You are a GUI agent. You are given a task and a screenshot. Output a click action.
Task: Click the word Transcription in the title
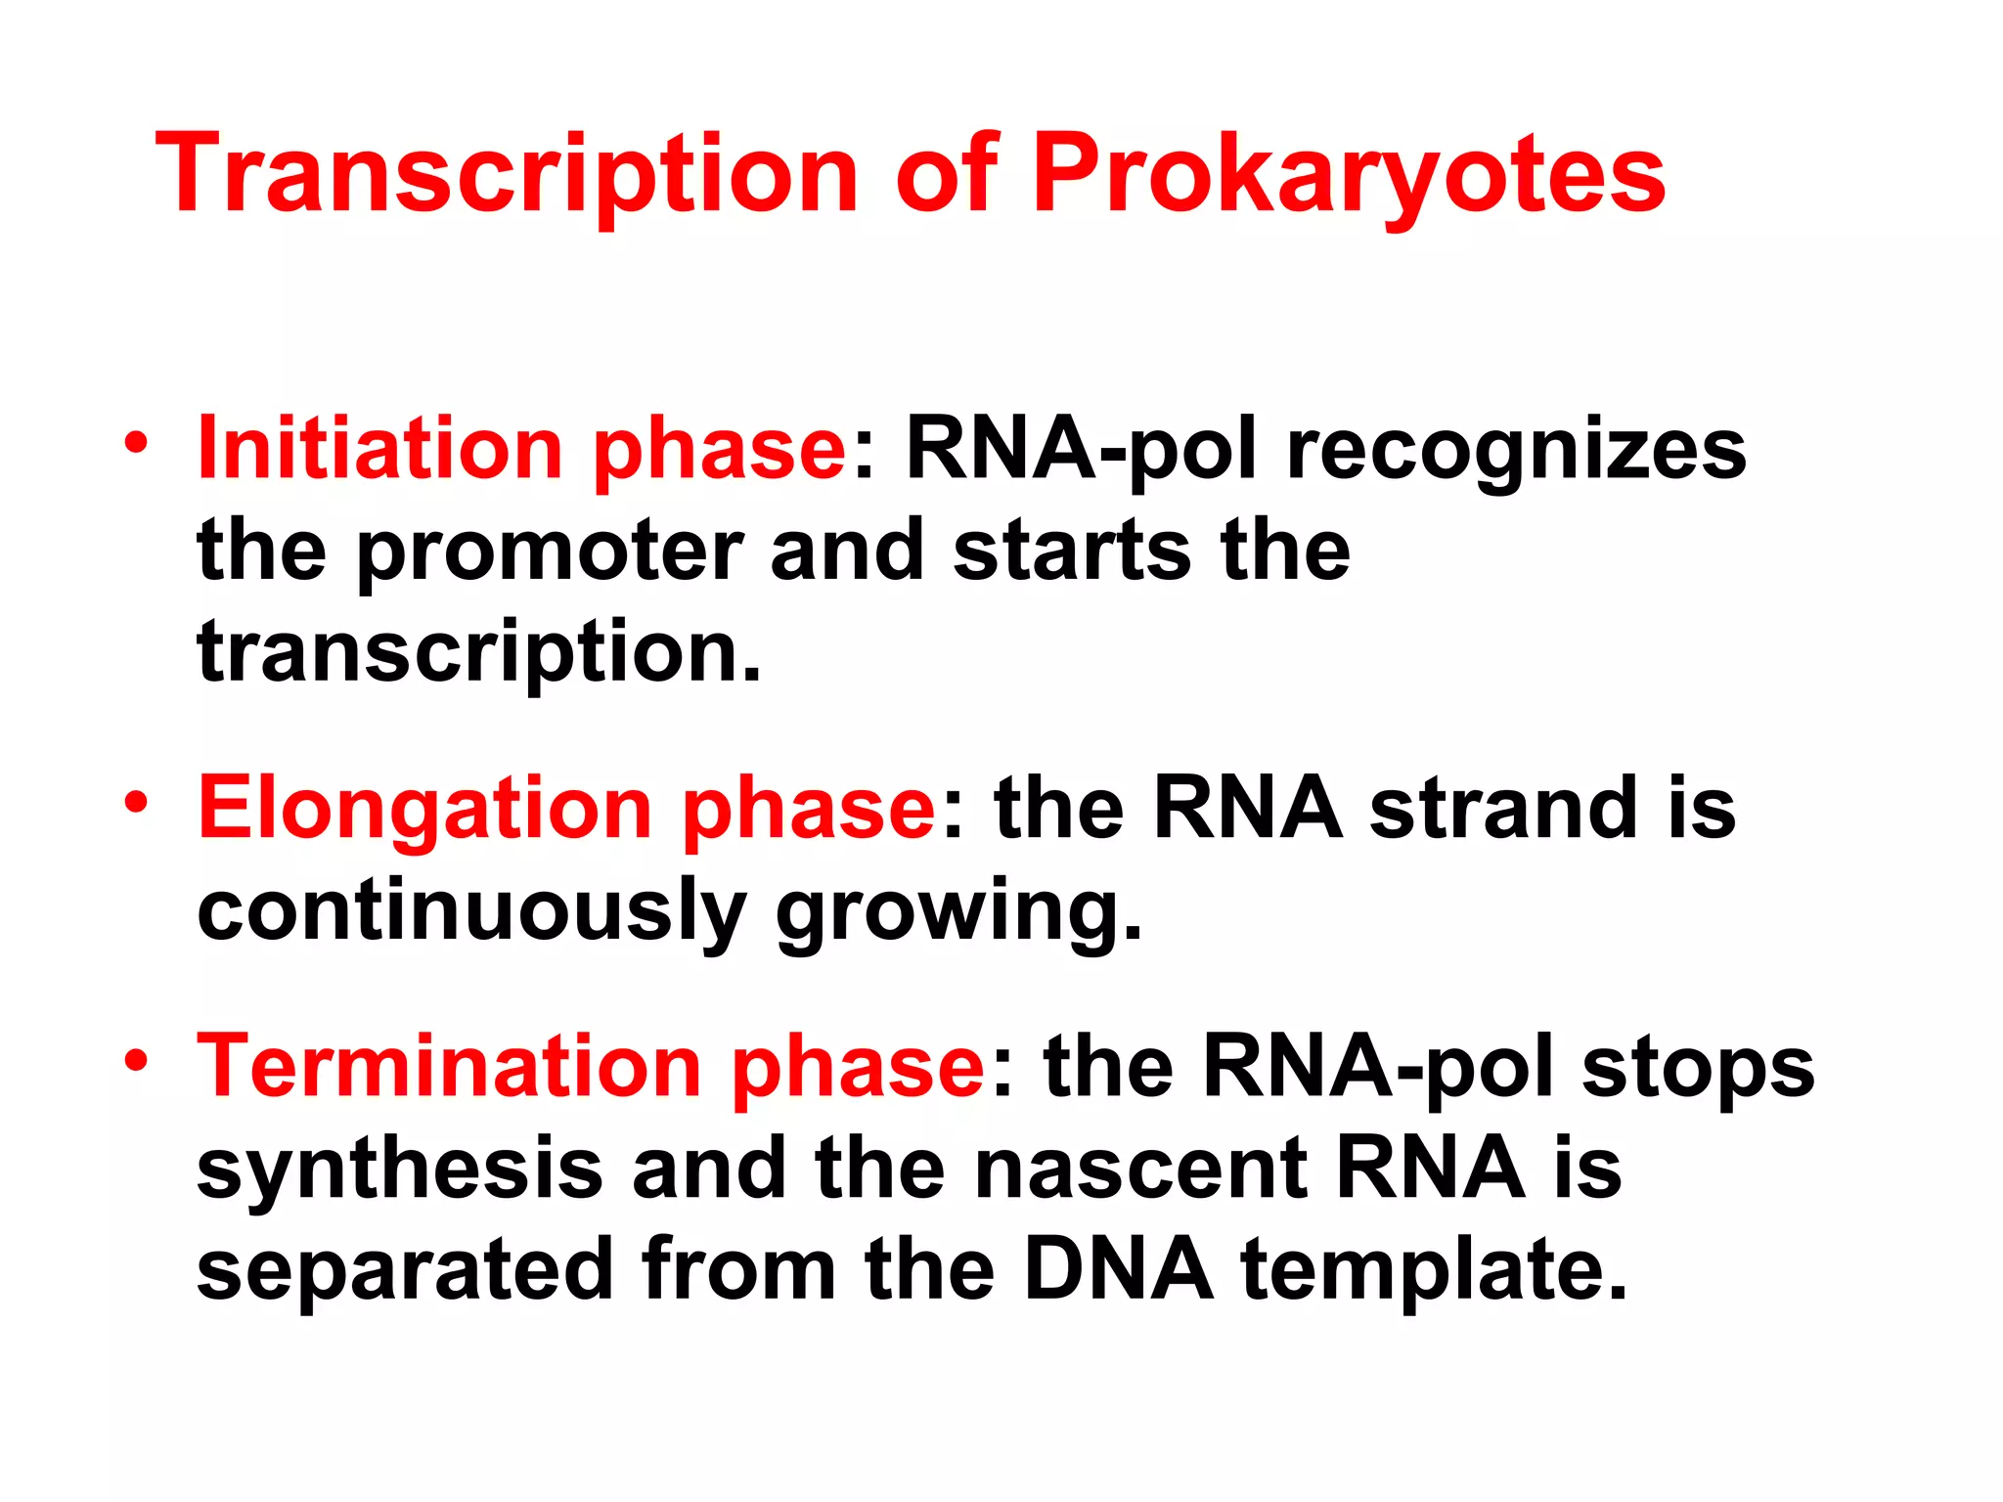(506, 176)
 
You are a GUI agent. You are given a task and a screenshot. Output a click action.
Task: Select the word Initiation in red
(379, 449)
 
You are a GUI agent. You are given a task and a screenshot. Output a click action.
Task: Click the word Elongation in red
(424, 808)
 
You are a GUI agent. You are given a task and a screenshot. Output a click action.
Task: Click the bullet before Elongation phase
(136, 803)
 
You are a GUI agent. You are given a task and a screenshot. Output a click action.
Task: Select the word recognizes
(1516, 452)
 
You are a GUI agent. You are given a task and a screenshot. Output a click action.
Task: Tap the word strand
(1503, 808)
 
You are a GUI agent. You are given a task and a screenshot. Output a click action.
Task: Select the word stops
(1698, 1068)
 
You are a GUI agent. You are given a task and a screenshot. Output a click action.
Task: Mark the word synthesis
(399, 1171)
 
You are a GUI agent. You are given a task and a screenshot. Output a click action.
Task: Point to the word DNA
(1118, 1269)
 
